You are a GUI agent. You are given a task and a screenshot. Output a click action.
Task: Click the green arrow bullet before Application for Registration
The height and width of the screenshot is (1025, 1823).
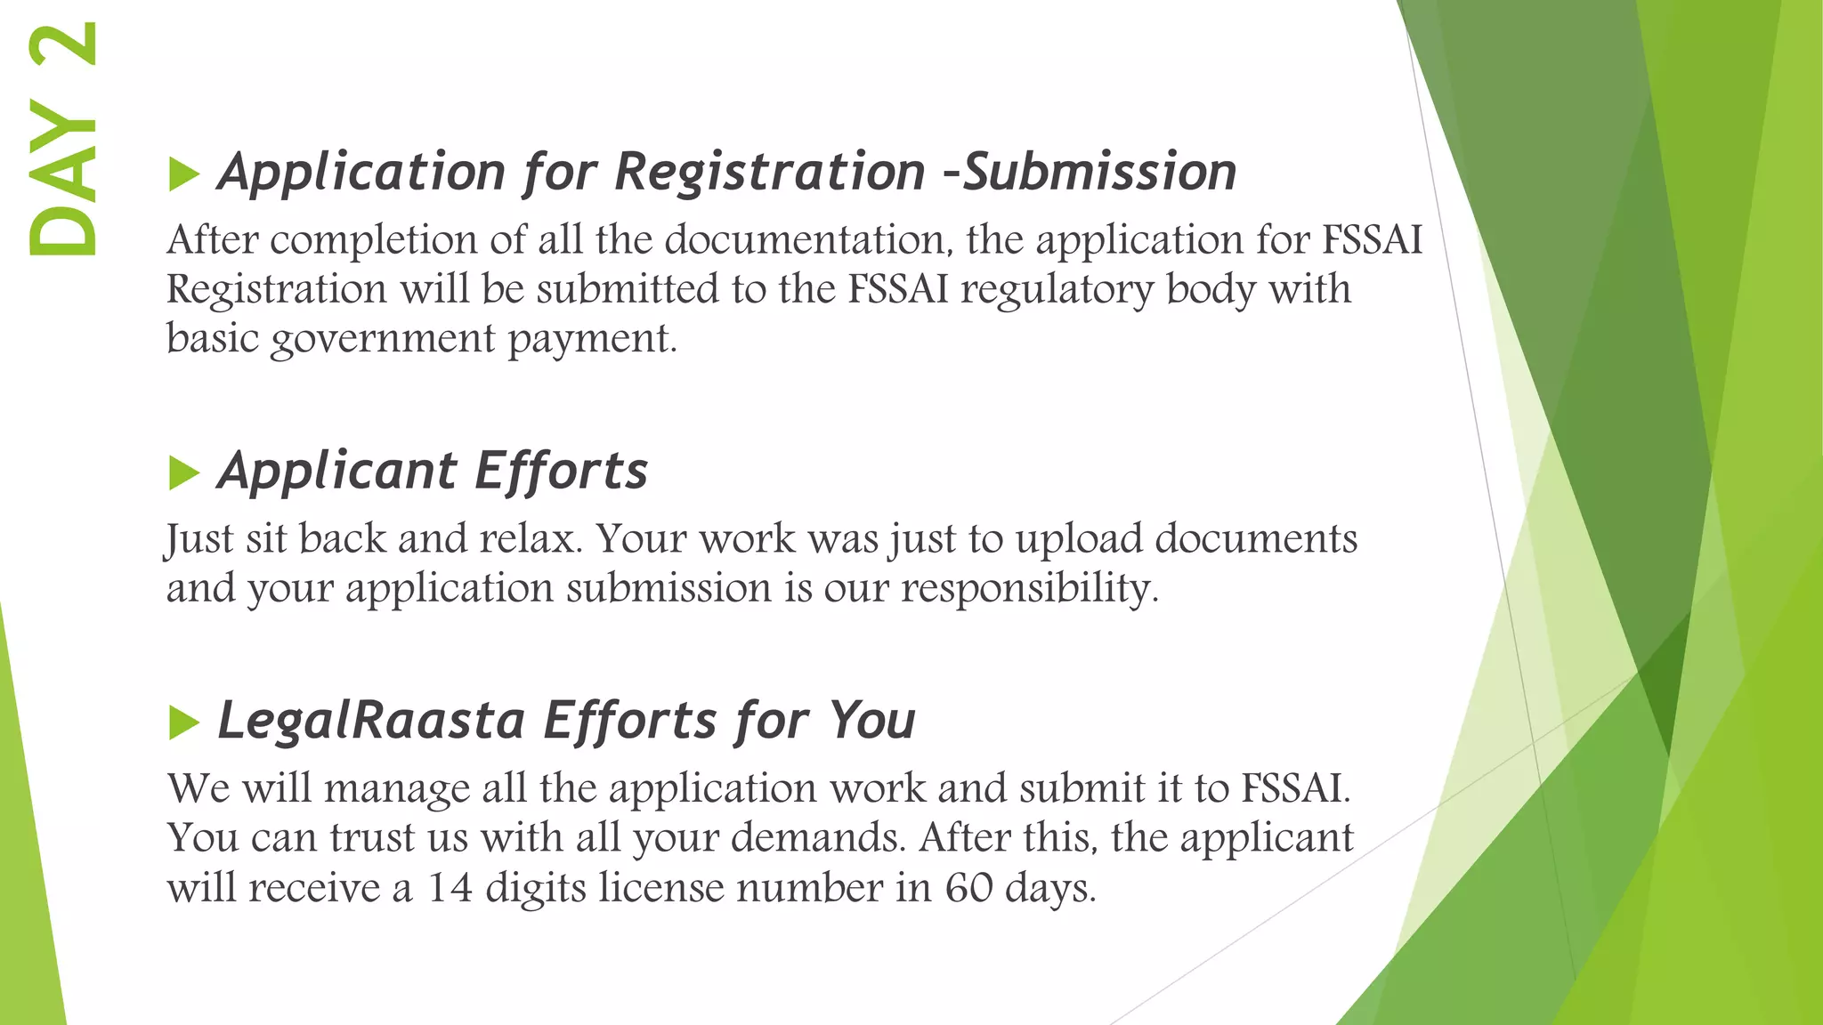[x=182, y=174]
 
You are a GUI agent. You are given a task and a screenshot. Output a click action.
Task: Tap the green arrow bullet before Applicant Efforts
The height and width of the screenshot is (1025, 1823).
[x=182, y=472]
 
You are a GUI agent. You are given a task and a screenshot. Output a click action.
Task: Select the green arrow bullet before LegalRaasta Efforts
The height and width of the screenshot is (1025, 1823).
[x=182, y=722]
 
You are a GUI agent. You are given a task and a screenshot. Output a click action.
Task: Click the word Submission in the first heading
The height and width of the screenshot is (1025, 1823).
[x=1100, y=171]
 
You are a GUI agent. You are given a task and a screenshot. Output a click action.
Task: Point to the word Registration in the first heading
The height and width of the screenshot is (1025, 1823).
[x=770, y=171]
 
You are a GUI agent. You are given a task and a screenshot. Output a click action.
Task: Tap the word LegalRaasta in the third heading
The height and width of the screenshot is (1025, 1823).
[x=371, y=720]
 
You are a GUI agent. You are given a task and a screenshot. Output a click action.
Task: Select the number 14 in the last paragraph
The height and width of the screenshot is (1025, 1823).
[x=450, y=888]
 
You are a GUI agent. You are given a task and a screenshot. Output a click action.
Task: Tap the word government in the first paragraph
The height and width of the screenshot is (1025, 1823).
[x=383, y=339]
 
